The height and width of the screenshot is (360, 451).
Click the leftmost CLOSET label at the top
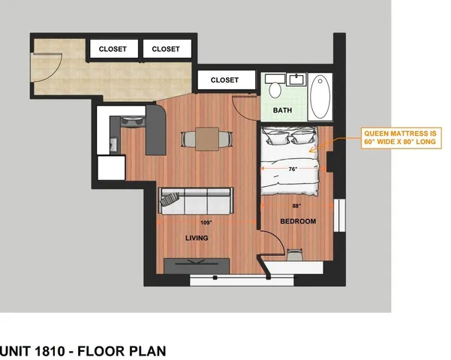pyautogui.click(x=115, y=49)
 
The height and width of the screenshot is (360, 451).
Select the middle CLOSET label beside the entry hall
pyautogui.click(x=166, y=49)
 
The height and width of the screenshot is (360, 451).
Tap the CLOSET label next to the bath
pyautogui.click(x=224, y=80)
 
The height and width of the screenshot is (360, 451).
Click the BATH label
pyautogui.click(x=282, y=111)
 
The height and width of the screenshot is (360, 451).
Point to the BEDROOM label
pyautogui.click(x=298, y=221)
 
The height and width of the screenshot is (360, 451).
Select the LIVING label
pyautogui.click(x=197, y=238)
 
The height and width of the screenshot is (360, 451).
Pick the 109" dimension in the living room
pyautogui.click(x=206, y=223)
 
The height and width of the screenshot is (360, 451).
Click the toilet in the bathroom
pyautogui.click(x=275, y=89)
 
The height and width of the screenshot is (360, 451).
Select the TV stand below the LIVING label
pyautogui.click(x=197, y=265)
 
